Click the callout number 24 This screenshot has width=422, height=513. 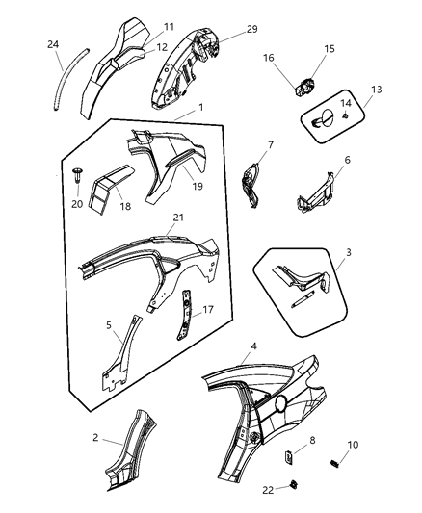52,44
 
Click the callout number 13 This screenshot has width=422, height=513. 376,90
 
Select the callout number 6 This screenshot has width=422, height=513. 347,160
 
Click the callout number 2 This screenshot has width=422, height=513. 96,438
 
